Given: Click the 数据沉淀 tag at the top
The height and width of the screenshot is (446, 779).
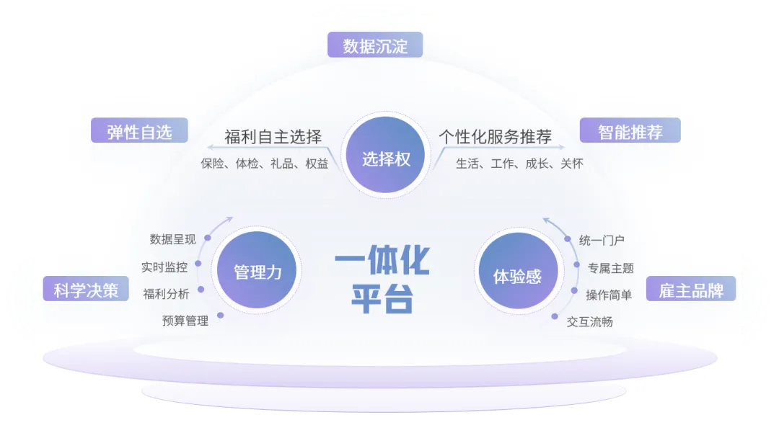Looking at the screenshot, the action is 375,46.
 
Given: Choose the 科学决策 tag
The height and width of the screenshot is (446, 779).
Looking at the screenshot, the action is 86,290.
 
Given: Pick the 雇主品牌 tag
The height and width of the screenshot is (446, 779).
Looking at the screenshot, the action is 691,290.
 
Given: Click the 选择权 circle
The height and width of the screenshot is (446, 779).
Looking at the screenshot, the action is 386,159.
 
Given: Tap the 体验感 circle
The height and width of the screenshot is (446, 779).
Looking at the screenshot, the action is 516,276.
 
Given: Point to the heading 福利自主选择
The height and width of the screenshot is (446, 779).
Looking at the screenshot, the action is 273,137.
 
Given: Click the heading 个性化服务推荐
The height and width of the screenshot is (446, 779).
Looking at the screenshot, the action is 495,137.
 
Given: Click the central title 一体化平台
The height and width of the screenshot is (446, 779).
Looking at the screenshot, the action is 382,282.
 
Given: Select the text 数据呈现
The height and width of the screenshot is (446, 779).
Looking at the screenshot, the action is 172,239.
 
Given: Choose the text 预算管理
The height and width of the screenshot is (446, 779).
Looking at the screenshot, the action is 185,321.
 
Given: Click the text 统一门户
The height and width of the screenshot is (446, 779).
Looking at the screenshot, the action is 602,240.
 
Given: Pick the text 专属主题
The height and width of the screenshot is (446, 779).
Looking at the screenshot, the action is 610,268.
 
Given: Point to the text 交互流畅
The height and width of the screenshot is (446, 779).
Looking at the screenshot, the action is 589,321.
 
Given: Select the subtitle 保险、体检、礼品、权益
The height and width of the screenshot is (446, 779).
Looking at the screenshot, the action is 264,164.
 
